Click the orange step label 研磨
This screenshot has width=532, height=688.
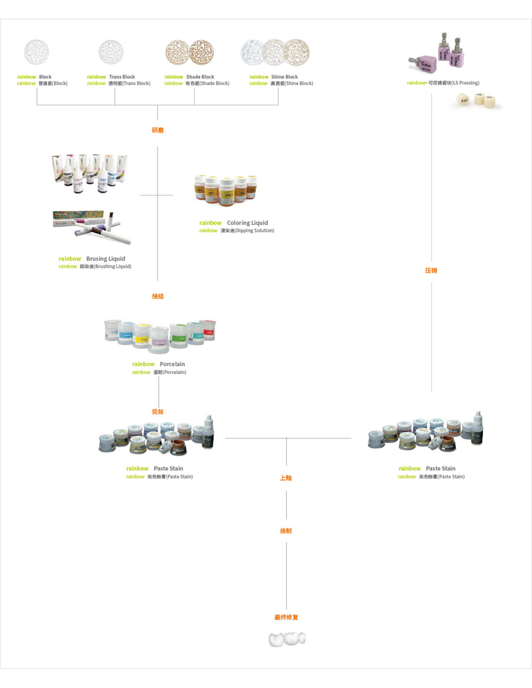click(x=157, y=130)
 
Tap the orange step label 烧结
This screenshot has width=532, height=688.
click(x=157, y=296)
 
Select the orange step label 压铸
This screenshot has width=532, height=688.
click(x=431, y=270)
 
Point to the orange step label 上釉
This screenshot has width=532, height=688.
click(x=286, y=478)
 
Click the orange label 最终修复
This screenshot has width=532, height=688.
click(x=286, y=617)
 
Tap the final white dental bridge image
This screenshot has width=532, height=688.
click(x=287, y=639)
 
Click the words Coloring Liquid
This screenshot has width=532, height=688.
click(x=247, y=223)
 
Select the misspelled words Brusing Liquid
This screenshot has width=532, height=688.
click(x=106, y=259)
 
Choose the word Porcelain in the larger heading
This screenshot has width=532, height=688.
click(x=172, y=364)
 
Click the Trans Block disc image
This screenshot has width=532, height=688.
click(x=111, y=52)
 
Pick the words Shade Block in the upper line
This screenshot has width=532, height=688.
click(x=200, y=77)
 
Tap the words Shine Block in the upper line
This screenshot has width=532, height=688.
click(x=284, y=77)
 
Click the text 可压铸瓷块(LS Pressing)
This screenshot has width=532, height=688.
click(x=453, y=83)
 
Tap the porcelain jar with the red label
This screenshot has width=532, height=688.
click(x=207, y=330)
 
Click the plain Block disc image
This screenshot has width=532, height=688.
click(x=36, y=52)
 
